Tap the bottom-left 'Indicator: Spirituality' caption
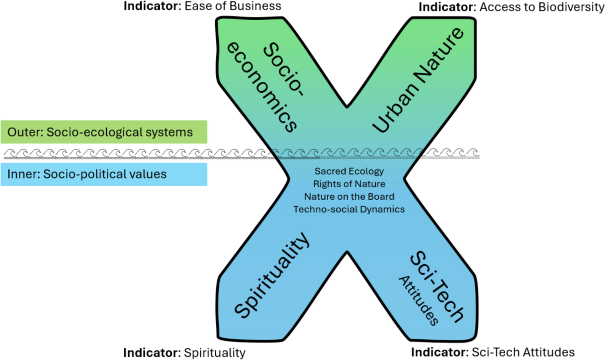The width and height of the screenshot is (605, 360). coord(185,351)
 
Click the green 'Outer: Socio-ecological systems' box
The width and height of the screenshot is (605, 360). coord(103,132)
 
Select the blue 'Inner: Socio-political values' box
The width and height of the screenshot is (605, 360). coord(103,174)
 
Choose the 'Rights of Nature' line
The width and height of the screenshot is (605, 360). coord(349,184)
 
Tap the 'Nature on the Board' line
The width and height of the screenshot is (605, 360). coord(349,196)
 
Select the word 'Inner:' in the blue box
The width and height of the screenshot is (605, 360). coord(22,174)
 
